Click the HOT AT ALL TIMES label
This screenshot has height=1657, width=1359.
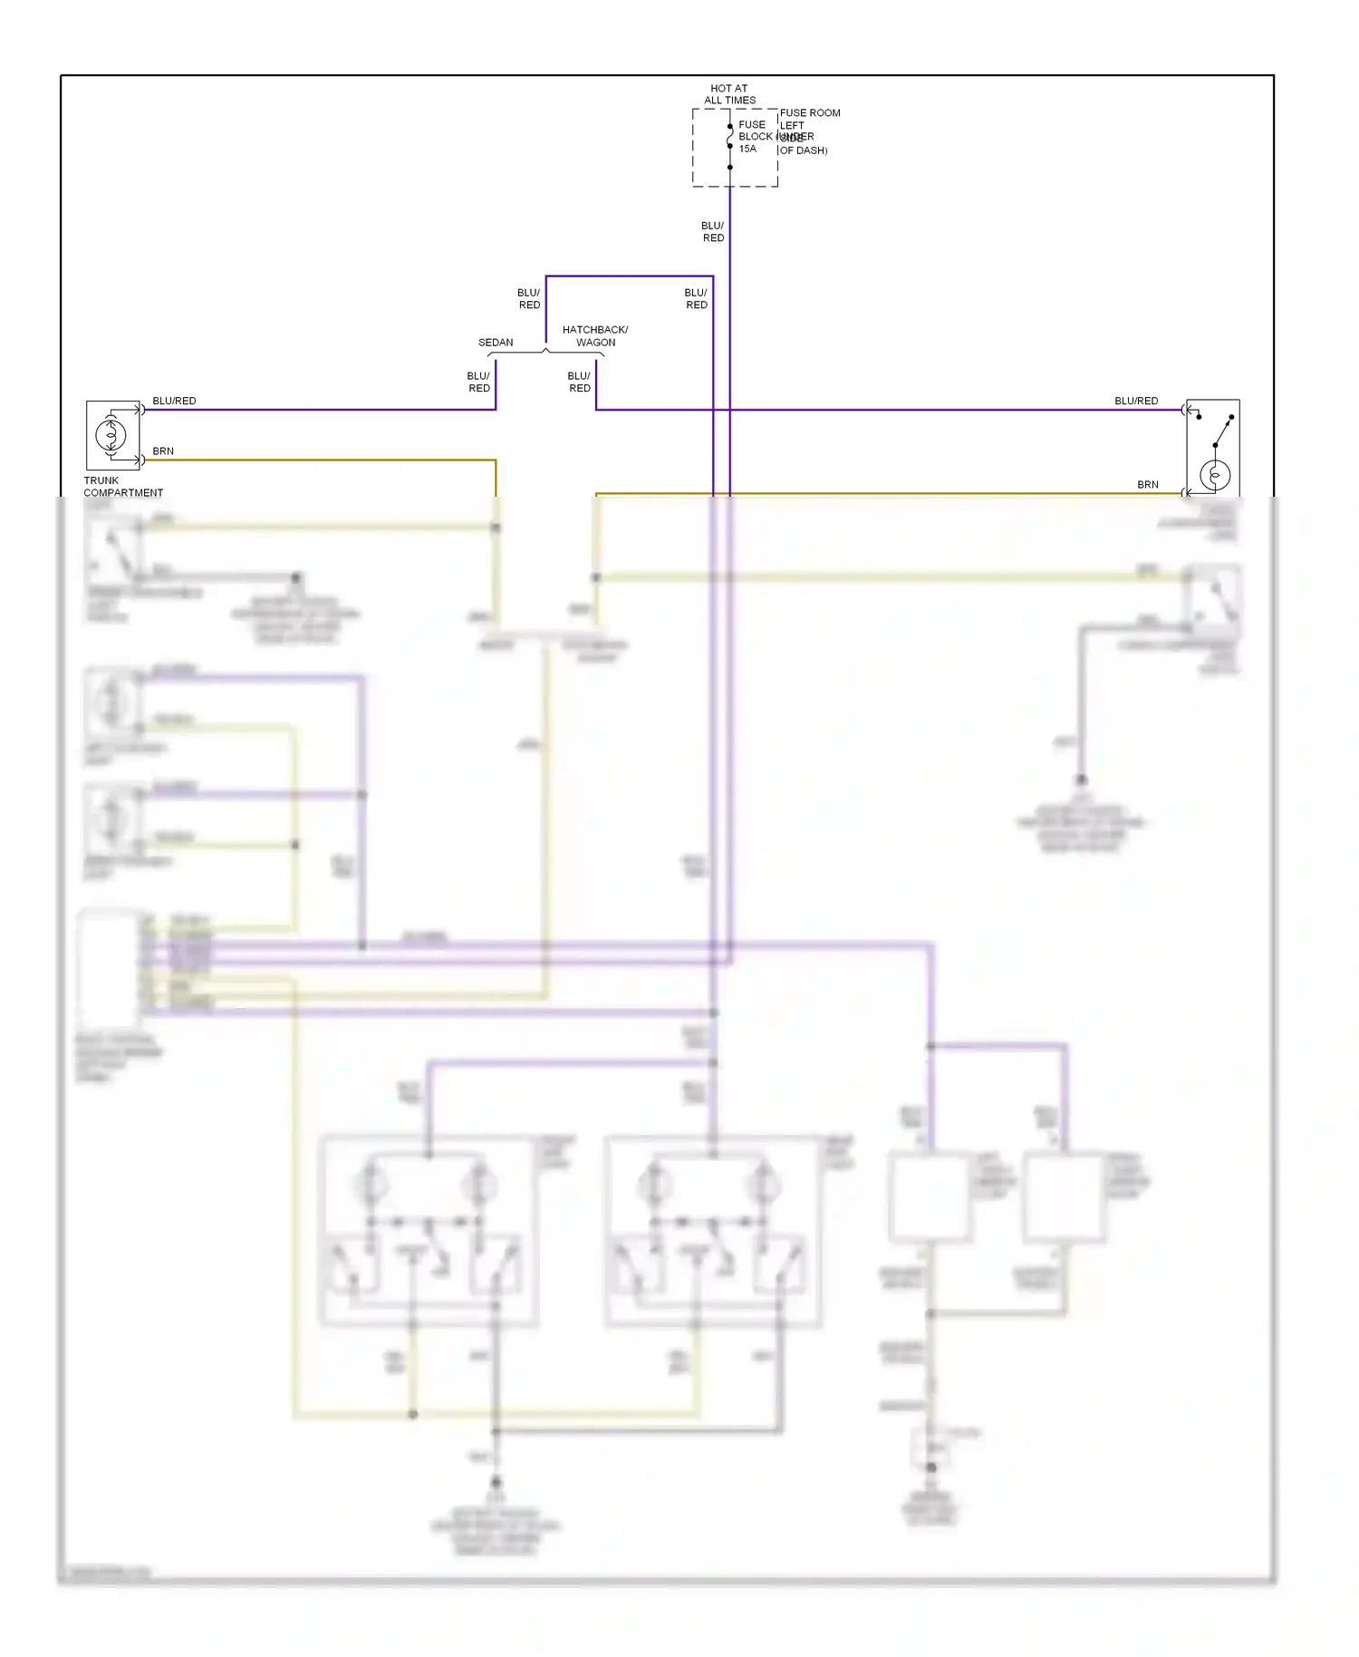pos(729,94)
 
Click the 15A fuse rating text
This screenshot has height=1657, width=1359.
pos(747,149)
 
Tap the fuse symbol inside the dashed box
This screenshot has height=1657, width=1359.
pos(730,136)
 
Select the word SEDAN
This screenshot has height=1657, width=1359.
pos(496,343)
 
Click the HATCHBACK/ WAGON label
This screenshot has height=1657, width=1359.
pos(595,336)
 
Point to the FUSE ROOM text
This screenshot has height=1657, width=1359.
pos(810,113)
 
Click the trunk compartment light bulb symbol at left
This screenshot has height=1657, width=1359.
pos(111,436)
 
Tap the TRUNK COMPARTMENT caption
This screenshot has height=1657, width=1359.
pos(122,487)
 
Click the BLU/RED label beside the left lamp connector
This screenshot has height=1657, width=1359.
pos(174,401)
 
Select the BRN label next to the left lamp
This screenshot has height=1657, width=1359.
pos(163,451)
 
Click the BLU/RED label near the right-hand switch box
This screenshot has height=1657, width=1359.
pos(1136,401)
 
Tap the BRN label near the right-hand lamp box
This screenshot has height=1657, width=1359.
pos(1148,485)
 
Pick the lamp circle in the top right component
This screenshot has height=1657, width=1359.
pos(1215,475)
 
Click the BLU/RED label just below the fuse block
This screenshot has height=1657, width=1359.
pos(713,232)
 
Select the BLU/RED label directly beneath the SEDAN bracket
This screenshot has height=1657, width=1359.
pos(478,382)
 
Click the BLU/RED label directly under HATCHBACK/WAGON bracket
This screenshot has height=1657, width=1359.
pos(579,382)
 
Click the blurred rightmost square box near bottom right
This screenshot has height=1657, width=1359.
pos(1064,1197)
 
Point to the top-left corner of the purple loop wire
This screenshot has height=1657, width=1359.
pos(546,276)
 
